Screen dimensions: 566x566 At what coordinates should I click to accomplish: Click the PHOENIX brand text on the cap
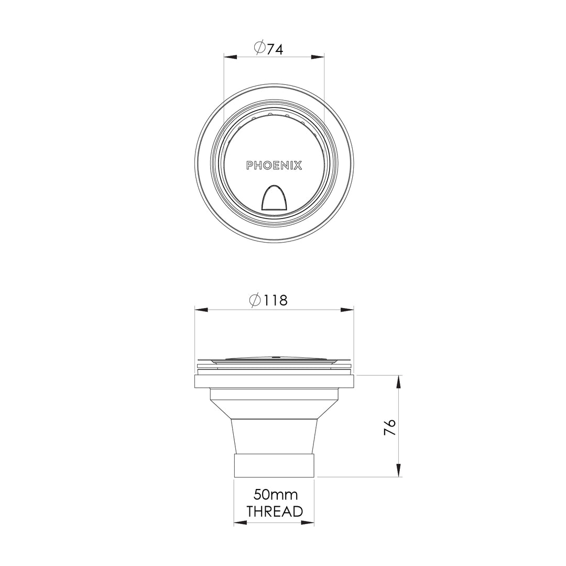click(x=274, y=166)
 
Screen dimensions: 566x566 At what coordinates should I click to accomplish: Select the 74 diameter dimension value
click(x=275, y=49)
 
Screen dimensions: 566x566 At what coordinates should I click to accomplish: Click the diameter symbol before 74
click(x=259, y=49)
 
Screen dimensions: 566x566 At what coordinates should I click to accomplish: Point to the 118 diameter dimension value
click(x=276, y=301)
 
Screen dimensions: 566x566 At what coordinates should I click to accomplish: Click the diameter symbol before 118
click(x=255, y=301)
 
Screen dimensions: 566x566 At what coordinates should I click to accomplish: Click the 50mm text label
click(x=275, y=494)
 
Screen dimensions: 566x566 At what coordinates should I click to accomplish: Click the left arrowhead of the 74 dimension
click(x=230, y=57)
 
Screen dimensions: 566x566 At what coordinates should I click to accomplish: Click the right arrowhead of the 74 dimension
click(x=318, y=57)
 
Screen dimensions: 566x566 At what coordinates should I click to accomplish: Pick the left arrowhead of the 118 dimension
click(x=201, y=310)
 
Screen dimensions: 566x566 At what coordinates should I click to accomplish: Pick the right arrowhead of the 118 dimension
click(x=347, y=310)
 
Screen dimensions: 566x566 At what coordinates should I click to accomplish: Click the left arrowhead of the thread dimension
click(x=240, y=523)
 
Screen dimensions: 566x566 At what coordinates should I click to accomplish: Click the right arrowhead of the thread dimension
click(x=308, y=523)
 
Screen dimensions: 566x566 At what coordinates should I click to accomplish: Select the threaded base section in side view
click(x=274, y=465)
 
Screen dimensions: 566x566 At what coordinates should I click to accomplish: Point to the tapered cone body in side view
click(x=274, y=435)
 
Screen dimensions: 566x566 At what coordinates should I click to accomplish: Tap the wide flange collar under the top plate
click(x=274, y=381)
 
